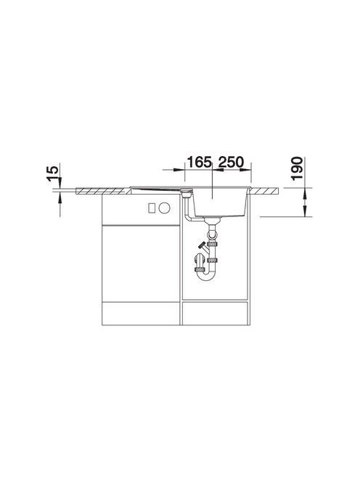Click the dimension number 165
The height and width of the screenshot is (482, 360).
click(x=200, y=162)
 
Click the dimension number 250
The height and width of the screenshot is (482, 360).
click(x=231, y=162)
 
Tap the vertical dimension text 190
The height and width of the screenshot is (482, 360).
click(x=298, y=168)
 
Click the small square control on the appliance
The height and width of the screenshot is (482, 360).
click(x=152, y=208)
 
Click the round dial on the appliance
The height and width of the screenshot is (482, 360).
click(x=164, y=208)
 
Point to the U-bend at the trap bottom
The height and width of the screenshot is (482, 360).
click(x=205, y=275)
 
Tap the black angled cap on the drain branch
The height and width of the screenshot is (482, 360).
click(x=202, y=245)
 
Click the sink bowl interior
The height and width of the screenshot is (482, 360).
click(x=219, y=202)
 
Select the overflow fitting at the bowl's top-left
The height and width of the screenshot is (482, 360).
click(x=186, y=193)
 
